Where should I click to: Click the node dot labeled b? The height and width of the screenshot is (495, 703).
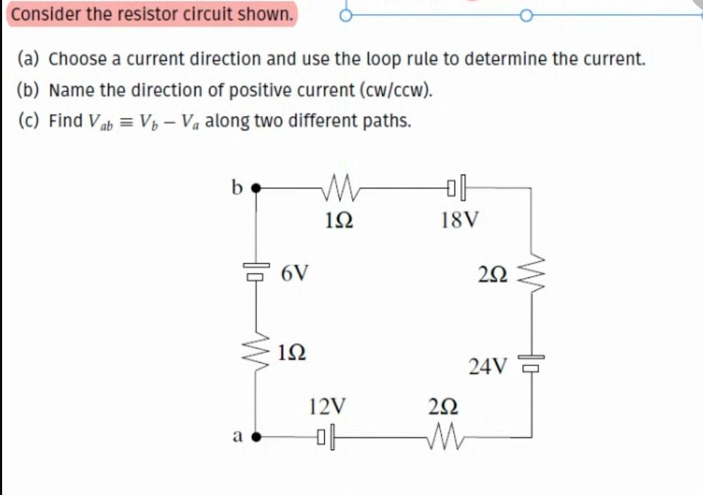point(256,188)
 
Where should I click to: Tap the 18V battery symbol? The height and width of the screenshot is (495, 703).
point(457,188)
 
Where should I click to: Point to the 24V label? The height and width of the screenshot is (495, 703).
point(488,366)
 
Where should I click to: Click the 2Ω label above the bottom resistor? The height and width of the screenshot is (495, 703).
point(443,406)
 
